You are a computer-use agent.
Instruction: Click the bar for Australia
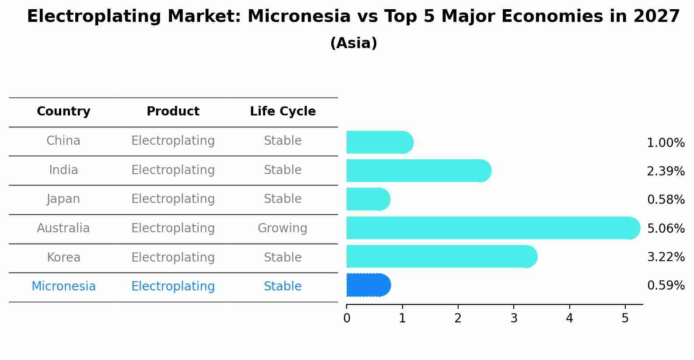tap(493, 228)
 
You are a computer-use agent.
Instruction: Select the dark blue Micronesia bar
tap(369, 285)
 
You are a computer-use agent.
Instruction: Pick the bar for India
tap(419, 171)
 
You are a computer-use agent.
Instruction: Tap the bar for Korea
tap(442, 256)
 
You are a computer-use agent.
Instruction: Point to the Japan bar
tap(368, 199)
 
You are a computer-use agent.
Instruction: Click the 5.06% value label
tap(666, 229)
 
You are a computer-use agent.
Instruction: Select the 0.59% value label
tap(666, 285)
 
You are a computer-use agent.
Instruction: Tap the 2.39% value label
tap(666, 171)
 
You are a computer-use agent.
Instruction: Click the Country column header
tap(63, 112)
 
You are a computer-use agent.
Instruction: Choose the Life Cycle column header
tap(283, 112)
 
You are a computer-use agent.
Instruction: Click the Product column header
tap(173, 112)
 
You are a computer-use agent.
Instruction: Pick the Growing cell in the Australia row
tap(283, 228)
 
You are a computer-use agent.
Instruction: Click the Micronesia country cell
tap(63, 286)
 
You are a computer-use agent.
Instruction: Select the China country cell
tap(63, 141)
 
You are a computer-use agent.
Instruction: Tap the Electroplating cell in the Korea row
tap(173, 258)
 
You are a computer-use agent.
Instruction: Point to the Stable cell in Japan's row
tap(283, 199)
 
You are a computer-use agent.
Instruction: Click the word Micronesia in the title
tap(299, 16)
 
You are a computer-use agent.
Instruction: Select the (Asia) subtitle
tap(354, 43)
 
